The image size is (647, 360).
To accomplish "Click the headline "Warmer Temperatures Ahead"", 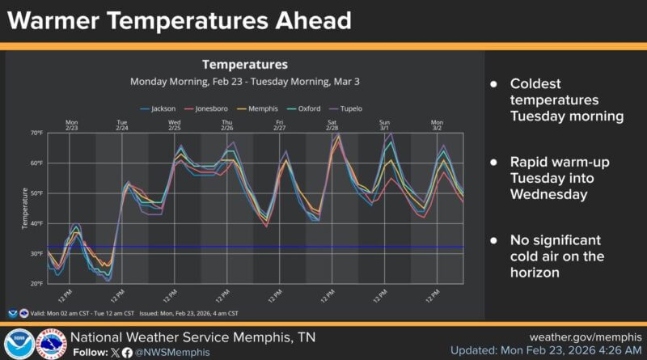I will coord(180,19).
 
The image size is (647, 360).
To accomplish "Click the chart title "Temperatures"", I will coord(244,64).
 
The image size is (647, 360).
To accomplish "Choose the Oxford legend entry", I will coord(304,108).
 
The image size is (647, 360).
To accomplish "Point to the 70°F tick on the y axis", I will coord(37,133).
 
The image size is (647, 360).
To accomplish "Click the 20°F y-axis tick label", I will coord(37,283).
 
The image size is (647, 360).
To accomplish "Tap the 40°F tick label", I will coord(37,223).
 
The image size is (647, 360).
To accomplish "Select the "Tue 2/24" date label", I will coord(122,125).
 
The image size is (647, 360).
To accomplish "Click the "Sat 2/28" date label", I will coord(332,125).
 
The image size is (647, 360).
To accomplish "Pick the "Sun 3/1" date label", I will coord(385,125).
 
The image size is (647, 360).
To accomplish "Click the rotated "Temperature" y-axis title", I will coord(24,208).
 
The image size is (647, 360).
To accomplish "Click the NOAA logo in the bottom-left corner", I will coord(18,344).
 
